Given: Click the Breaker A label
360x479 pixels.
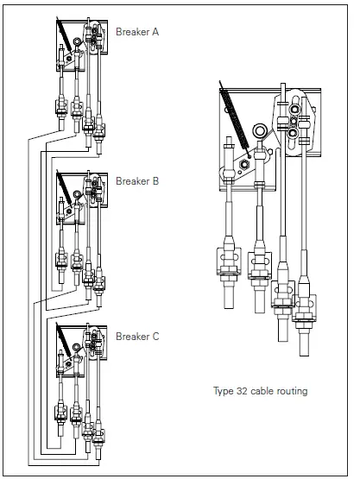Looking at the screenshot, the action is tap(137, 32).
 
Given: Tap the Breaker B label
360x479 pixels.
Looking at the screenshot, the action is tap(137, 181).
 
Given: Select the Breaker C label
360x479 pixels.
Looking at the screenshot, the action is tap(137, 337).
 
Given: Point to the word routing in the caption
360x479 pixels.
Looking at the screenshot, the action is tap(292, 391).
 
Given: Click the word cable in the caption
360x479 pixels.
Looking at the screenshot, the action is tap(262, 391).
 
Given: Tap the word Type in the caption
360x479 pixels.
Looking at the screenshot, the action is tap(224, 391).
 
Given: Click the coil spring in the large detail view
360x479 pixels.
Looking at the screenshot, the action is tap(235, 119).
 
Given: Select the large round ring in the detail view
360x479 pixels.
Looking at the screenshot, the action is tap(260, 131).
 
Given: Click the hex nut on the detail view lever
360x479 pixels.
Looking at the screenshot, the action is tap(244, 165).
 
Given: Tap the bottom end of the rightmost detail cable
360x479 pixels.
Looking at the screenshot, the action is tap(304, 356).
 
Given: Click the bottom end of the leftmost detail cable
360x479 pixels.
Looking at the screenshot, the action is tap(229, 307).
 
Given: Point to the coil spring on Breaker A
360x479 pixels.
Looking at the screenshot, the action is tap(64, 35).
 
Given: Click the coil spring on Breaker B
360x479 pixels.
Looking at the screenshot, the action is tap(64, 187).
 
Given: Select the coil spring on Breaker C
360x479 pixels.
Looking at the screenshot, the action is tap(64, 340).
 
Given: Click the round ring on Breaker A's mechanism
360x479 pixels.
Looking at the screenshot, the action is tap(77, 41).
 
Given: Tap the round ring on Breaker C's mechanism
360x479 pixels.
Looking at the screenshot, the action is tap(76, 347).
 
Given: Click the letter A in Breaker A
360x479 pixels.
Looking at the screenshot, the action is tap(155, 32).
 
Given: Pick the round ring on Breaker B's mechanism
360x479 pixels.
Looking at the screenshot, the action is tap(77, 193).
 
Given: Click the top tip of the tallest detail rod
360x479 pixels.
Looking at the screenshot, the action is tap(283, 84).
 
